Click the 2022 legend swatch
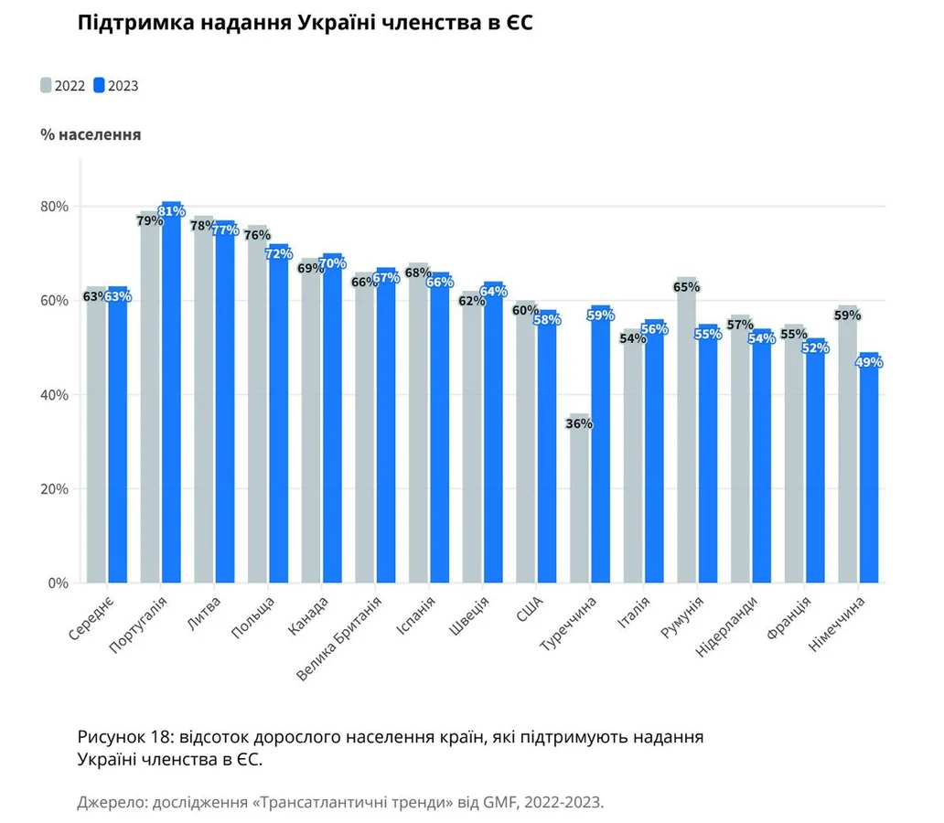[x=46, y=86]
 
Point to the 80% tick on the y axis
[x=55, y=207]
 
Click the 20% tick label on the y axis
[x=55, y=489]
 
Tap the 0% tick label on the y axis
[x=59, y=583]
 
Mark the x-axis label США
[x=530, y=607]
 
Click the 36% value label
[x=579, y=424]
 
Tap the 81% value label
[x=172, y=212]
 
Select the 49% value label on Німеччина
[x=868, y=362]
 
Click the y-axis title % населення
[x=91, y=134]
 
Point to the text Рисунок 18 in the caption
[x=124, y=737]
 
